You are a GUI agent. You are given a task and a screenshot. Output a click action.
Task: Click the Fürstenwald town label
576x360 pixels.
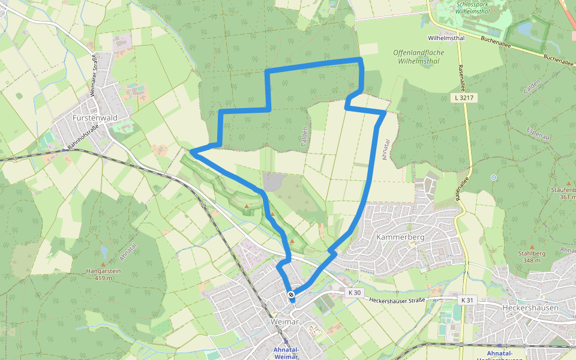pos(94,118)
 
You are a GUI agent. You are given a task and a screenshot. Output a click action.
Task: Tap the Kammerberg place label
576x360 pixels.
pos(400,237)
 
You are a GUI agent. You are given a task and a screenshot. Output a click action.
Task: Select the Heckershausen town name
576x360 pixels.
pos(530,308)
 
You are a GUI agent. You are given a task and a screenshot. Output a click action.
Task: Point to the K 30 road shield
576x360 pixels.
pos(355,293)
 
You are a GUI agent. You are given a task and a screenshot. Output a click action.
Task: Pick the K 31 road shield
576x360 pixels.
pos(467,299)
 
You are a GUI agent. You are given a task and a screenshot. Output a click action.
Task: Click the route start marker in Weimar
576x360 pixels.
pos(291,295)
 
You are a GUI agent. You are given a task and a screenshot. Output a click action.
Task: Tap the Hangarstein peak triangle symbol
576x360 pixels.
pos(103,264)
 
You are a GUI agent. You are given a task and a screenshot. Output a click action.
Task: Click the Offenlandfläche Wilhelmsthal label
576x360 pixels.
pos(418,56)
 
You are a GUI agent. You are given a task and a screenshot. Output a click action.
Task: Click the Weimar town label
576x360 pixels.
pos(285,322)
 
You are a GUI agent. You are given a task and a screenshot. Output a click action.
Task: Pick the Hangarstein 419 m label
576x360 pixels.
pos(104,274)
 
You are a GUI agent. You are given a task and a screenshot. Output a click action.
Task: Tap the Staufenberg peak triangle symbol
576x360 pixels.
pos(569,183)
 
